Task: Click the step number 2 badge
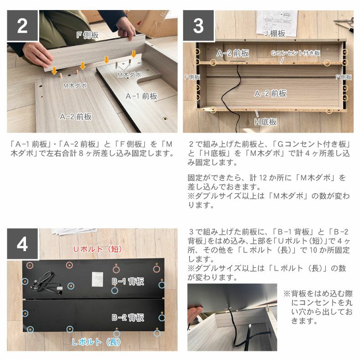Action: [x=22, y=26]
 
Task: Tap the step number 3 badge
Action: [x=198, y=26]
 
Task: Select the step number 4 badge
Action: [x=22, y=244]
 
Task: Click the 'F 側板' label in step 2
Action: [x=87, y=35]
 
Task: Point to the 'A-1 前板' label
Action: [x=141, y=96]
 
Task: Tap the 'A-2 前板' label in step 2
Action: [x=76, y=117]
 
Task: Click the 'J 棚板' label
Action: [x=275, y=34]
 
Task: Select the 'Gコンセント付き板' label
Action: [x=295, y=53]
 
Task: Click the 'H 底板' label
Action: [x=265, y=122]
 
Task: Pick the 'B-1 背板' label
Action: [x=128, y=281]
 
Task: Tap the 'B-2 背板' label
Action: [x=128, y=318]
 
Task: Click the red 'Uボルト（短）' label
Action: [x=98, y=249]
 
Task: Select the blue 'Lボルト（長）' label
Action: [x=96, y=342]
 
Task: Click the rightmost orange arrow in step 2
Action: [x=134, y=54]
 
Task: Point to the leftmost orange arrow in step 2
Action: [x=54, y=71]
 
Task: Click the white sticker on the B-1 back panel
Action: [x=98, y=279]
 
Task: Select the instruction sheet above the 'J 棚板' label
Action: [x=277, y=22]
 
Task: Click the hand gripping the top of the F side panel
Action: [x=126, y=29]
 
